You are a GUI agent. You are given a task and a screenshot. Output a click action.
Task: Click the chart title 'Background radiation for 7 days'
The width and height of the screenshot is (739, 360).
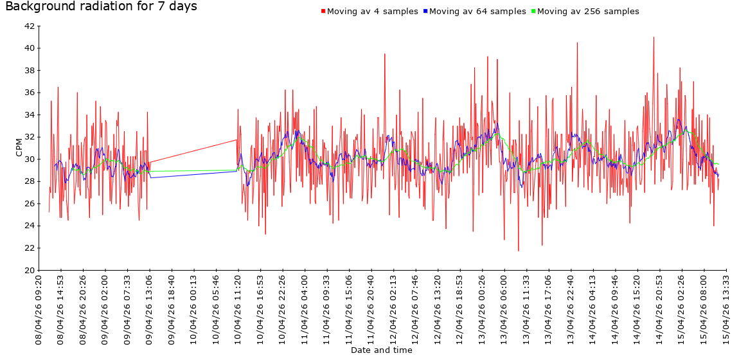pos(101,7)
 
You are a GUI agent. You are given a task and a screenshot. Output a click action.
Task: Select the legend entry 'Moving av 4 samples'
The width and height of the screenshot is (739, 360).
pos(372,12)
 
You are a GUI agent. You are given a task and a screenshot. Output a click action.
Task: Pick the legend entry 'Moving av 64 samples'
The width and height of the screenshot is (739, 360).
pos(477,12)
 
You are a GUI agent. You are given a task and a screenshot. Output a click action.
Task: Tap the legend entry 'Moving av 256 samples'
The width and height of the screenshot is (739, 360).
pos(587,12)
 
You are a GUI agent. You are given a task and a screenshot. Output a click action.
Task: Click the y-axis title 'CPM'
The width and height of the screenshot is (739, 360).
pos(19,148)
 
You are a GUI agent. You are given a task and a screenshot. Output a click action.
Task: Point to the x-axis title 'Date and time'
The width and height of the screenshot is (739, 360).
pos(381,350)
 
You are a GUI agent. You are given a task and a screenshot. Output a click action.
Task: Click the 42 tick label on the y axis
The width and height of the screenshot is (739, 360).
pos(30,26)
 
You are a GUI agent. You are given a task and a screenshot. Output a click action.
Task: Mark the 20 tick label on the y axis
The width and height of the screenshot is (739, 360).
pos(30,270)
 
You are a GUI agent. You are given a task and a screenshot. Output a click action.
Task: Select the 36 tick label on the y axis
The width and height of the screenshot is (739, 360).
pos(30,93)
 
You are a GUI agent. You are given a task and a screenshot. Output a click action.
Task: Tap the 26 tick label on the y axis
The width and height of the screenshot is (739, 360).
pos(30,204)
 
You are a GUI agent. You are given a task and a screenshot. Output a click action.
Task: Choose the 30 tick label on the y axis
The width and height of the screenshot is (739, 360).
pos(30,159)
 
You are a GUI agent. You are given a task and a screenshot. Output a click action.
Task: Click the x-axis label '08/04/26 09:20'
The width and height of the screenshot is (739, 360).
pos(39,309)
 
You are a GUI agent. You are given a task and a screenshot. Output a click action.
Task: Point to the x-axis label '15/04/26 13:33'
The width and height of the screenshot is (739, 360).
pos(727,309)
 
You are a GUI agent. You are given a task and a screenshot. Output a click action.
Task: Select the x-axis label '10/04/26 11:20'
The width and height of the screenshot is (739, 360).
pos(238,309)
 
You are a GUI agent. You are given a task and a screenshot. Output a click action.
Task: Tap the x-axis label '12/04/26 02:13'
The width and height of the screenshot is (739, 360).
pos(394,309)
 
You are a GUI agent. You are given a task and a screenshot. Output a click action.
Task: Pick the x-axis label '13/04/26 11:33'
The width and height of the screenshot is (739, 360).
pos(527,309)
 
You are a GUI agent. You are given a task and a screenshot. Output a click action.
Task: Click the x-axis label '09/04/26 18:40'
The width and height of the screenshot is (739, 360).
pos(172,309)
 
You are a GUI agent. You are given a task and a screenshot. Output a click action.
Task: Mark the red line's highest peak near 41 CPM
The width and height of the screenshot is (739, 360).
pos(654,37)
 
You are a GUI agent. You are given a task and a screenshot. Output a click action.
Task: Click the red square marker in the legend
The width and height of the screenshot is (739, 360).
pos(323,12)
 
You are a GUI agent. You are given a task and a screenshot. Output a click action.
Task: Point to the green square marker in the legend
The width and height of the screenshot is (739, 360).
pos(533,12)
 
